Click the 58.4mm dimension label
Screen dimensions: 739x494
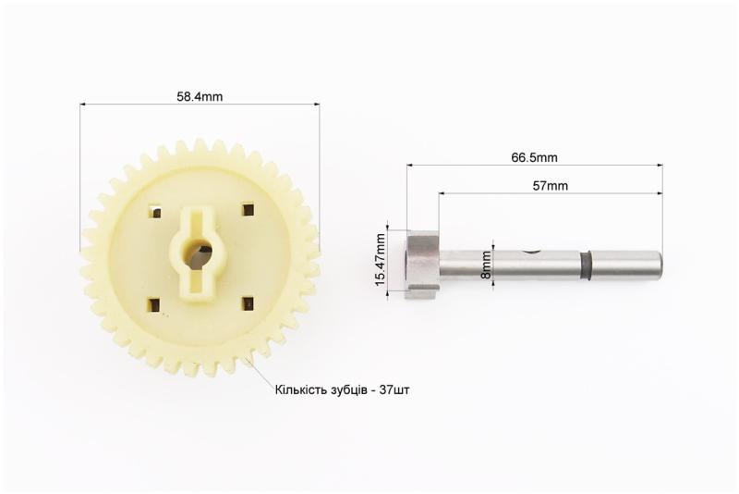200,97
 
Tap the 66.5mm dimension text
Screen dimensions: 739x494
534,157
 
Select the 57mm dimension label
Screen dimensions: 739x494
550,186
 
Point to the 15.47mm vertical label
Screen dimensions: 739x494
381,260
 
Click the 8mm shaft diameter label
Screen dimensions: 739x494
487,265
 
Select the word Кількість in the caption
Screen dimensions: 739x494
297,390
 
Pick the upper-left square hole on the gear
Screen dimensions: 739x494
154,211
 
